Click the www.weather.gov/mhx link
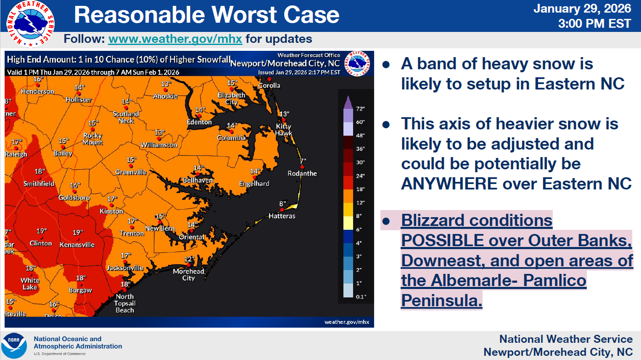(x=175, y=39)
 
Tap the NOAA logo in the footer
(x=14, y=345)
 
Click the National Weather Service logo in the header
(x=31, y=24)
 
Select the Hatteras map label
(x=282, y=216)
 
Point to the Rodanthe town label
(x=302, y=173)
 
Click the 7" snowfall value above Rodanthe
(x=303, y=161)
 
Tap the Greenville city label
(x=131, y=172)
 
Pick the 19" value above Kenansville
(x=77, y=232)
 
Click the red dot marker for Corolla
(x=269, y=79)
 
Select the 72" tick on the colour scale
(x=360, y=109)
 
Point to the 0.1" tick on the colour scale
(x=361, y=297)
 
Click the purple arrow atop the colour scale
(x=348, y=102)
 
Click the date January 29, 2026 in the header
(x=582, y=8)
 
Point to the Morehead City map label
(x=189, y=274)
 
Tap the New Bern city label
(x=160, y=229)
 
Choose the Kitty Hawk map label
(x=284, y=129)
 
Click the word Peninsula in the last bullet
(x=441, y=300)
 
